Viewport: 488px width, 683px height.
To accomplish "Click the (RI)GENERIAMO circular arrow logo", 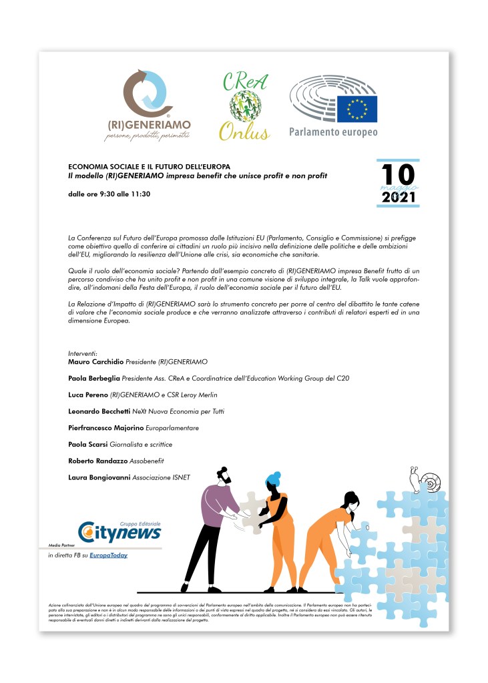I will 148,93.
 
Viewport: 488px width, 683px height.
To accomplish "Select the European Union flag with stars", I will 356,109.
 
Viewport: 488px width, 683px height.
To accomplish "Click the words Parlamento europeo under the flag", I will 333,132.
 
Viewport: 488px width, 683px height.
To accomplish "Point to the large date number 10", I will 398,175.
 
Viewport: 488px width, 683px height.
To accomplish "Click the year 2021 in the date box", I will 399,198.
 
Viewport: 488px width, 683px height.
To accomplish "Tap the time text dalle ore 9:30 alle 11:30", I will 109,194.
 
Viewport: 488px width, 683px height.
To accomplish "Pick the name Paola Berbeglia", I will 93,378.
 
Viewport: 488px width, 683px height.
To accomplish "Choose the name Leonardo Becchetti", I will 98,411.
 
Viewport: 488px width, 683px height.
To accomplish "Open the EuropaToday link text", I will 110,555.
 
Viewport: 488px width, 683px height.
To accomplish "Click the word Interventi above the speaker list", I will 83,353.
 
